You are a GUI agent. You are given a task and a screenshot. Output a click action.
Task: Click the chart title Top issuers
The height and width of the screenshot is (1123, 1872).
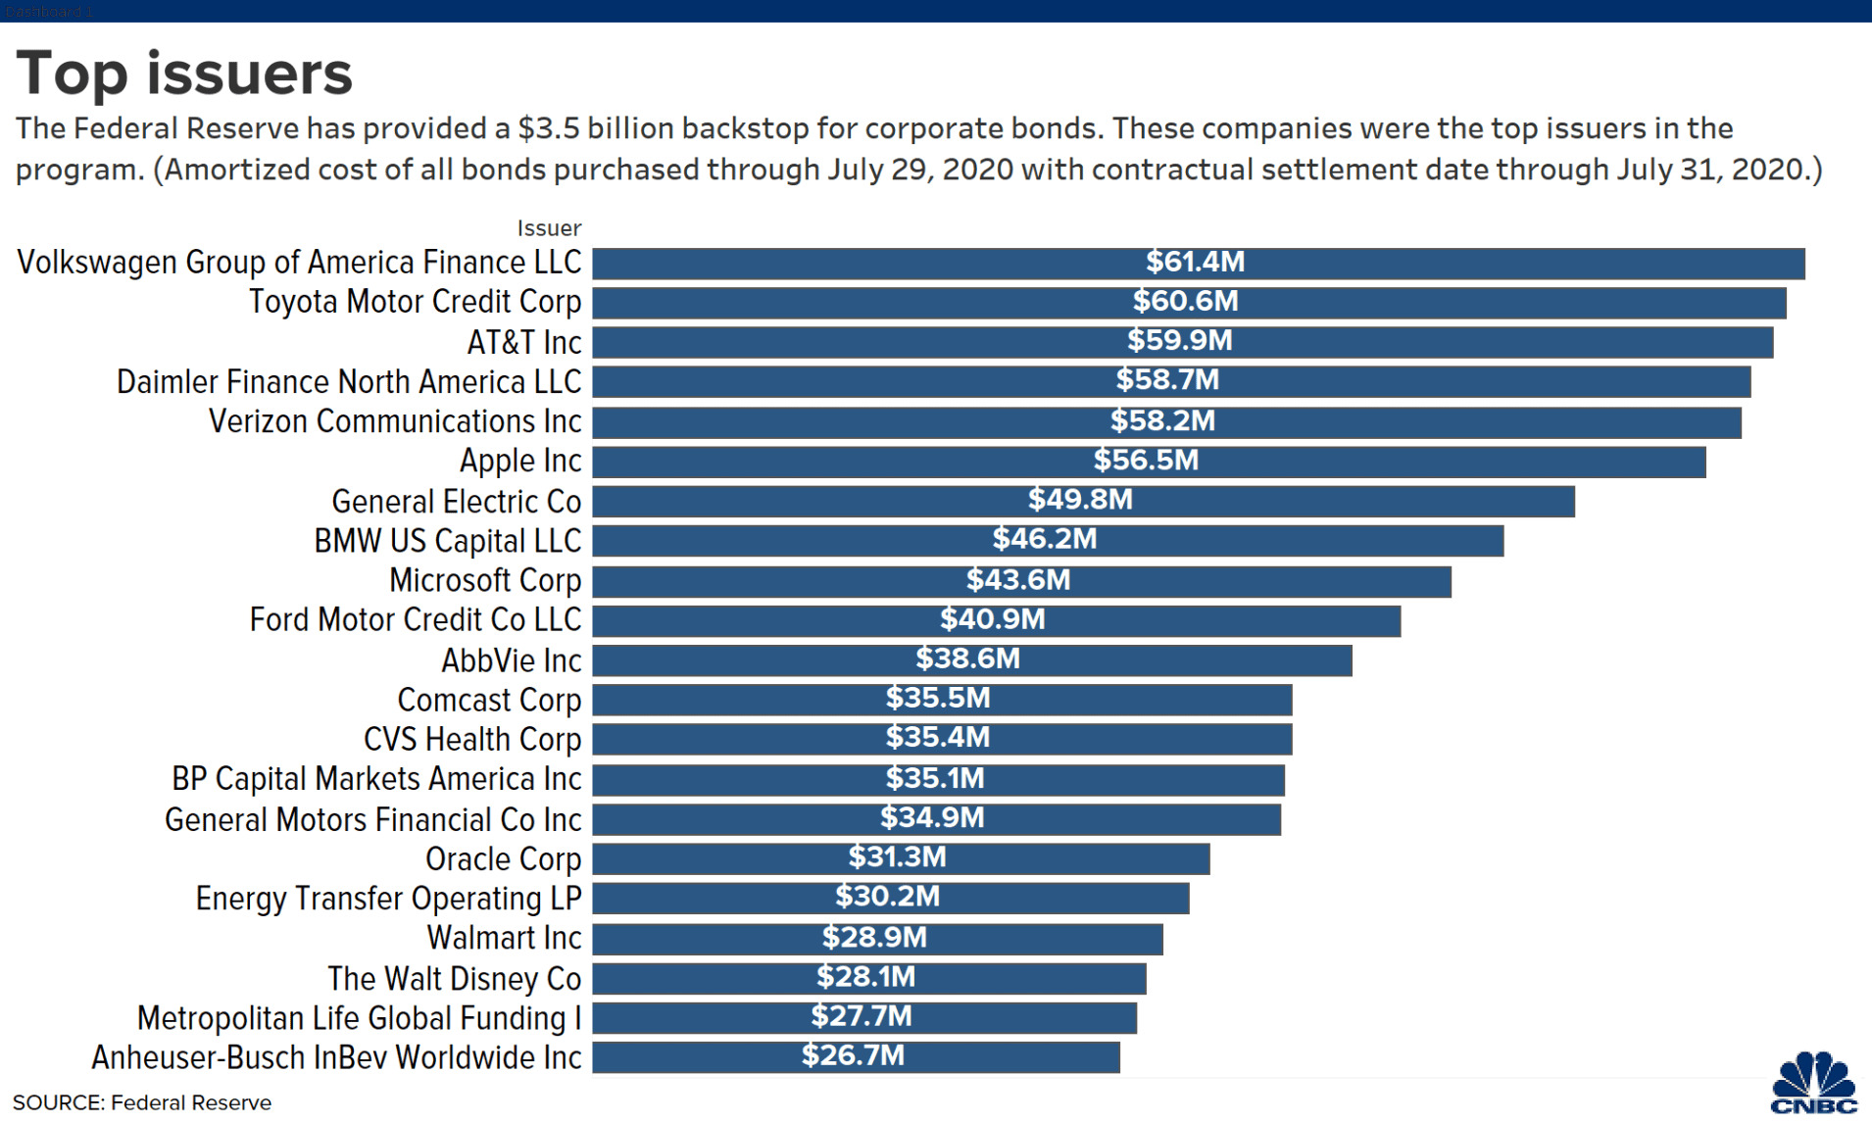(184, 73)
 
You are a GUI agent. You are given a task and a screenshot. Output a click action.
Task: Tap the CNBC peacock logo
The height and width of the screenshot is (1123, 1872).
(1813, 1083)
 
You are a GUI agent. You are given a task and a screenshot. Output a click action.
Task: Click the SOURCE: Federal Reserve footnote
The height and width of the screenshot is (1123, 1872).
(142, 1102)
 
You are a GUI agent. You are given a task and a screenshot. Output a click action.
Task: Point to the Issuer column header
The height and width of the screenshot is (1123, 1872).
(549, 228)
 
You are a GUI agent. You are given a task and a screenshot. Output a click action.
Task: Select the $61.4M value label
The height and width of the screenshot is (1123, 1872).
(1195, 262)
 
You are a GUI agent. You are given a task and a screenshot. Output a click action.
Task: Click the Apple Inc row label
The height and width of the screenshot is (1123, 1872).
(520, 461)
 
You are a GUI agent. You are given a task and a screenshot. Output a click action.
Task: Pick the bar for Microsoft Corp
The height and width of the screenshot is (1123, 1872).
(1021, 581)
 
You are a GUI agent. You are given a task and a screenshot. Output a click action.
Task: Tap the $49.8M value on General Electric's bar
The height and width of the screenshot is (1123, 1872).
(1080, 500)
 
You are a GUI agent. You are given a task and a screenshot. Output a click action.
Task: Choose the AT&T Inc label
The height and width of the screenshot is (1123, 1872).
(524, 342)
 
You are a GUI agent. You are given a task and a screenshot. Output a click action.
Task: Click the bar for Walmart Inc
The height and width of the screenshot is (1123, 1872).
(877, 939)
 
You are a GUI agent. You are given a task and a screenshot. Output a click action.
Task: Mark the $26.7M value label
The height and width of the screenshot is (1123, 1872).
(853, 1056)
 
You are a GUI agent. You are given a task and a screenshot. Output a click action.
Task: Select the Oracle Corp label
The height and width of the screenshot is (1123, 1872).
(503, 859)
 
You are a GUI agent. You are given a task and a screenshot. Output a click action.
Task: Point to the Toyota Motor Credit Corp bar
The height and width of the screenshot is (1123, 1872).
(1189, 303)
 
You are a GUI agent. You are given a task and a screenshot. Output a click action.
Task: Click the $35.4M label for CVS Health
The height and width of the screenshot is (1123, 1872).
(938, 737)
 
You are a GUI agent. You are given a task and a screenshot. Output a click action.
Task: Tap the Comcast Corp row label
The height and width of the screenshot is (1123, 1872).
(489, 701)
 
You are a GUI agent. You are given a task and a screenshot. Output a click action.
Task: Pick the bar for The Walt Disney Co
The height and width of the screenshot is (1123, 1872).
(868, 978)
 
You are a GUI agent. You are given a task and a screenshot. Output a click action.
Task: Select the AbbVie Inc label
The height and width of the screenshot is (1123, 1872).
(511, 661)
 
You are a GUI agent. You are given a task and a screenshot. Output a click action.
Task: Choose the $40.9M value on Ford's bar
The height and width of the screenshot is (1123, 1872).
(993, 619)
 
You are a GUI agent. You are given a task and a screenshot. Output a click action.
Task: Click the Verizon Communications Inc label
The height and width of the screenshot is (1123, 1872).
(395, 421)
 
